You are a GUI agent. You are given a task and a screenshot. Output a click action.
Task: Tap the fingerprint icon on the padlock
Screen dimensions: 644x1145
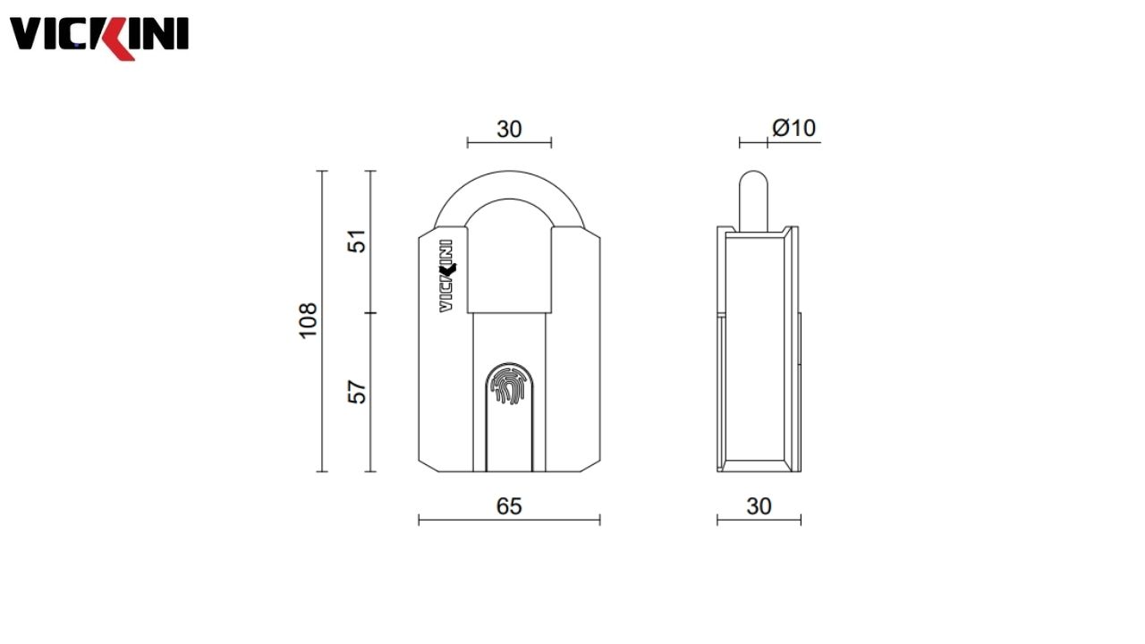click(509, 386)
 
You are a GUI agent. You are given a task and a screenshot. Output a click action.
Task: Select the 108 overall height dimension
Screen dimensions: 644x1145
click(308, 320)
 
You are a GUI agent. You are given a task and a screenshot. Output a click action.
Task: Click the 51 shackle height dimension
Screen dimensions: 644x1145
click(358, 241)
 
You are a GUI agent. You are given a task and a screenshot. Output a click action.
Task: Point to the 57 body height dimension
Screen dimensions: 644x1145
click(358, 392)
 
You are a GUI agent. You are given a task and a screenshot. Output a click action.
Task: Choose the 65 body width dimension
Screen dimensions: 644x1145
click(509, 506)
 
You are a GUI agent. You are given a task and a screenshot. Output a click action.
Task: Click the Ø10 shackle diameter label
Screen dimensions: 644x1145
click(794, 128)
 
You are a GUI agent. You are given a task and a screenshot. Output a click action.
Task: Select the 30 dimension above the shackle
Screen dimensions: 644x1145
click(509, 129)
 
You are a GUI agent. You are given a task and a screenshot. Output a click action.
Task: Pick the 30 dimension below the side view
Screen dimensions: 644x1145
click(759, 506)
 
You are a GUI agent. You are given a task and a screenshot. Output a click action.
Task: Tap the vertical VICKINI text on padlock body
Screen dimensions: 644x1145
click(445, 275)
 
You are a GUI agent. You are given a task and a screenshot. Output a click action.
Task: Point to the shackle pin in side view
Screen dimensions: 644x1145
click(753, 197)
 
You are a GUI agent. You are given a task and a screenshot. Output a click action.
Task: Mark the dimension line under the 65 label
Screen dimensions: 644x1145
click(509, 520)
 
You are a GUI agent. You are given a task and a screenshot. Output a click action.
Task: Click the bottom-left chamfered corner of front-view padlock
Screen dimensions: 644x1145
click(428, 464)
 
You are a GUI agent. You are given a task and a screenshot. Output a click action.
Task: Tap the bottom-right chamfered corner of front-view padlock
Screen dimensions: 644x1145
click(591, 464)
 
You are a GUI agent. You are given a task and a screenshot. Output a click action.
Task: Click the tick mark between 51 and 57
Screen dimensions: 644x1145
click(370, 313)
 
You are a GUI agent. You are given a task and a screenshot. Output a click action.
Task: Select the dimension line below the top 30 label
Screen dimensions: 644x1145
click(509, 142)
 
